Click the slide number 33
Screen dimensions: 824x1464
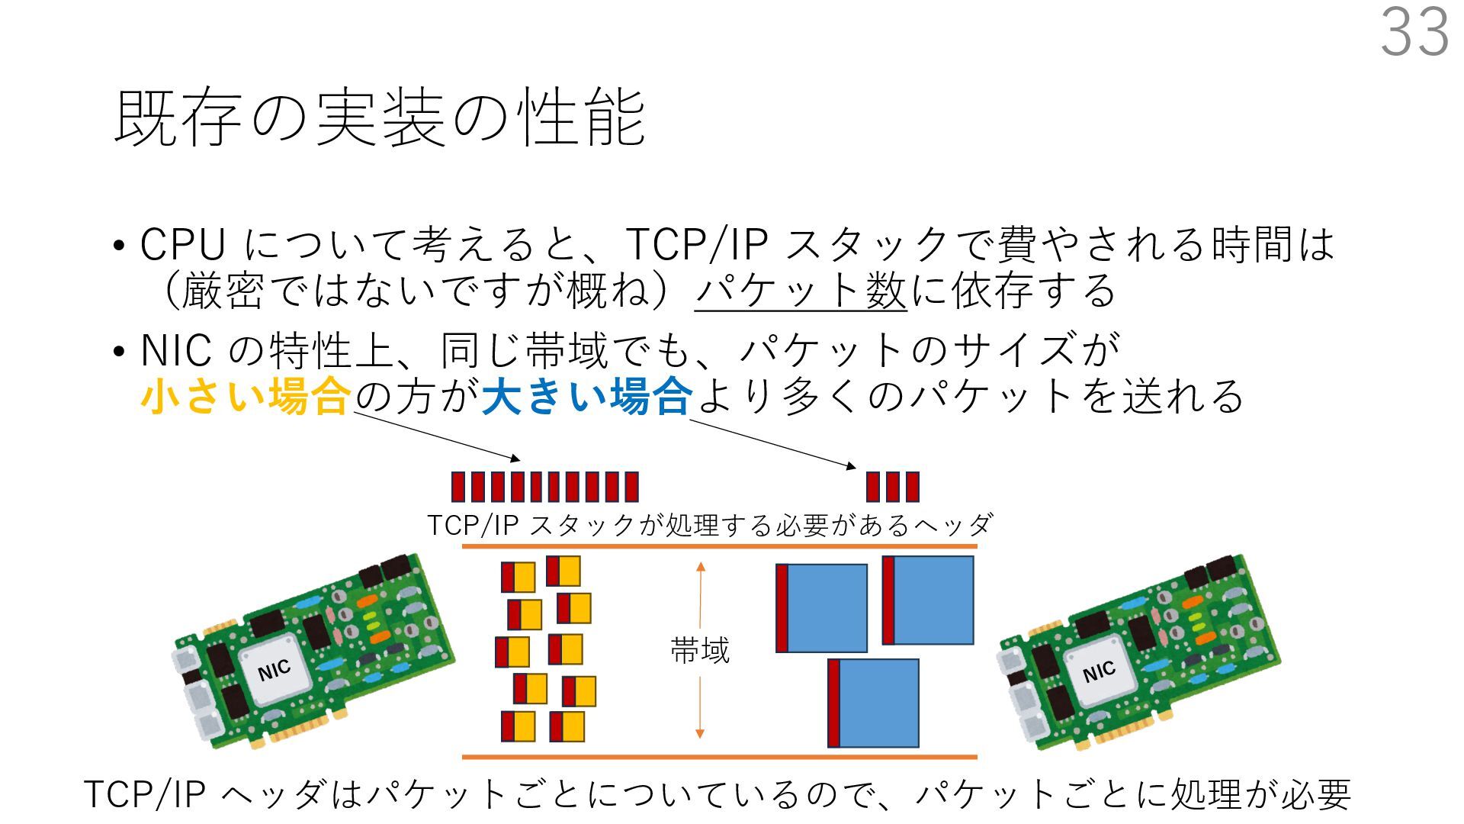[x=1414, y=32]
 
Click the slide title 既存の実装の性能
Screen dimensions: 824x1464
[x=380, y=117]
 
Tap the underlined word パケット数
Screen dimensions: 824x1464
[x=801, y=291]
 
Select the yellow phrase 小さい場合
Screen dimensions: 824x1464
[x=246, y=396]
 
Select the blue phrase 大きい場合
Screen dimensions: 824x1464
[x=587, y=396]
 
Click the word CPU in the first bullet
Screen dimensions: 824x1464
[x=183, y=245]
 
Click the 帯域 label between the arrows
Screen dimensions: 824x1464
[x=700, y=650]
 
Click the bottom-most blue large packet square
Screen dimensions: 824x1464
[x=874, y=703]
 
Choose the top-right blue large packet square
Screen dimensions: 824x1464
[x=929, y=600]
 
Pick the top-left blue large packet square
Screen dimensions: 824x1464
[x=822, y=608]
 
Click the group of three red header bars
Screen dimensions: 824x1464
[x=893, y=487]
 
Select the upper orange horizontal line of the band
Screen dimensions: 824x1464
[x=719, y=547]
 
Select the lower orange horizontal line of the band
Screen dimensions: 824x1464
[x=719, y=757]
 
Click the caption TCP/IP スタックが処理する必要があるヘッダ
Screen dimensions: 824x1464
[x=709, y=525]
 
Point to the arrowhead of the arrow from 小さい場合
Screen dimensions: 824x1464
[x=516, y=459]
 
